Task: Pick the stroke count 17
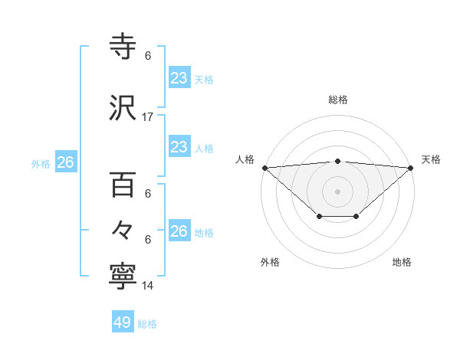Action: click(x=148, y=117)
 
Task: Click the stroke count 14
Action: click(x=148, y=286)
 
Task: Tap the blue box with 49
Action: click(x=123, y=322)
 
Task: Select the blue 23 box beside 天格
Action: click(x=179, y=78)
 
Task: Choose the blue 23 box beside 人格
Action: click(x=179, y=147)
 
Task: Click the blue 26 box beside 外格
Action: click(x=65, y=162)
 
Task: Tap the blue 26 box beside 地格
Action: click(x=179, y=231)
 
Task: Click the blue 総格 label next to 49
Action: click(x=147, y=324)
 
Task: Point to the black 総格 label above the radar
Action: click(x=338, y=100)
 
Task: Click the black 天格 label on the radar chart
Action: click(x=431, y=159)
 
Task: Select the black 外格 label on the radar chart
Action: click(x=270, y=262)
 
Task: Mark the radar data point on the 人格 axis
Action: click(x=264, y=167)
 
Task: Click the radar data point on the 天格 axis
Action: click(x=412, y=167)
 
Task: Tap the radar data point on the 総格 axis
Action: click(x=338, y=161)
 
